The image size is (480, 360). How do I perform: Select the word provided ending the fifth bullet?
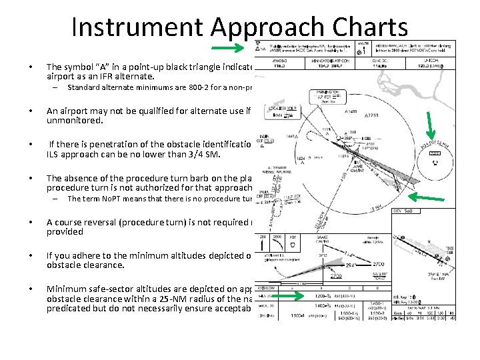[65, 232]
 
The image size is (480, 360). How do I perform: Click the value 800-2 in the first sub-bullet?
[177, 88]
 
